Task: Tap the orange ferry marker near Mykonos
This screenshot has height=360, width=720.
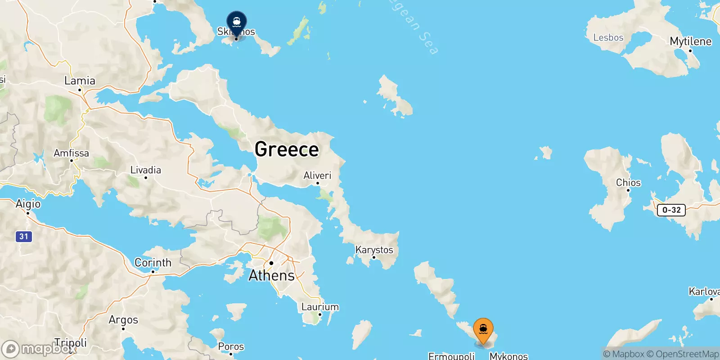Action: point(483,329)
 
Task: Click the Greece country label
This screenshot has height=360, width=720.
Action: point(287,149)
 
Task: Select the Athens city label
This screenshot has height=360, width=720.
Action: point(272,275)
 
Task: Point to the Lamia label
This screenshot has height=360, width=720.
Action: point(80,81)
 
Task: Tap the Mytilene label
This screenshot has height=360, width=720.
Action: point(690,42)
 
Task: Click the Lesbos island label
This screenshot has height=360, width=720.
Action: point(608,38)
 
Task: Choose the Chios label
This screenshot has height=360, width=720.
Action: point(628,183)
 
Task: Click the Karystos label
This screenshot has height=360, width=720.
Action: point(374,250)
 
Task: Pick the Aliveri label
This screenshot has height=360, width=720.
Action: point(317,175)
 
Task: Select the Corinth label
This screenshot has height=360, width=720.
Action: point(153,263)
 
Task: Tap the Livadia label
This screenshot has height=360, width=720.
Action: point(145,170)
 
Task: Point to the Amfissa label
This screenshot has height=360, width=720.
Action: point(71,153)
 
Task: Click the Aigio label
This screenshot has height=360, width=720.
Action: point(28,204)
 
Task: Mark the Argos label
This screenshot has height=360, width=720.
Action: point(123,320)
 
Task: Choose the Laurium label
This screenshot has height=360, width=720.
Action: point(320,307)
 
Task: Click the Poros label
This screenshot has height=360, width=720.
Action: point(231,346)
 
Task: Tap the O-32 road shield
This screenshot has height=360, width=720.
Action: point(671,210)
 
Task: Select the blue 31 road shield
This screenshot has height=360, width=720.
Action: point(24,236)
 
